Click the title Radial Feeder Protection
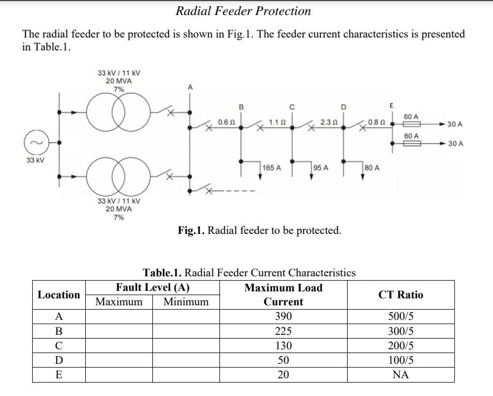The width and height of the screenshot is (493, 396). click(243, 11)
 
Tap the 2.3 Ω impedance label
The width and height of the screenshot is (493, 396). click(328, 122)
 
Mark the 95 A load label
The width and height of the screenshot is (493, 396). click(321, 168)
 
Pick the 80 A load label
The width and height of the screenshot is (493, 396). click(372, 168)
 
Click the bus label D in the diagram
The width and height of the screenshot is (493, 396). click(344, 107)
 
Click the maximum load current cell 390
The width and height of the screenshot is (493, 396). click(283, 316)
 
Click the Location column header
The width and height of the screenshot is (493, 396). click(58, 295)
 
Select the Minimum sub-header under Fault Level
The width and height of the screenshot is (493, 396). click(186, 302)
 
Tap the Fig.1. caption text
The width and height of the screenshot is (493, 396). click(259, 231)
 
